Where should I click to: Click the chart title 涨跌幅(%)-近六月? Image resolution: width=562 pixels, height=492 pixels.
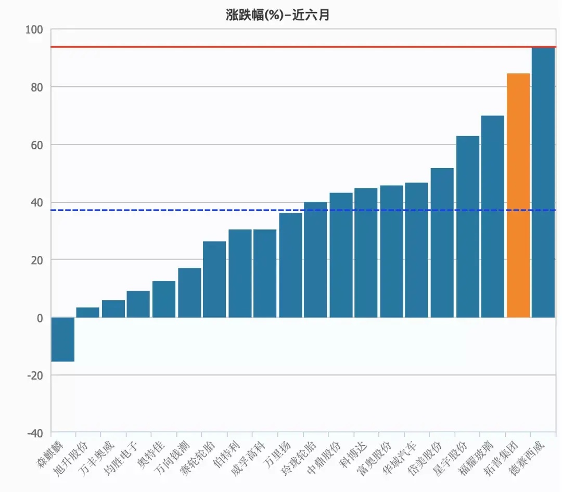tap(278, 15)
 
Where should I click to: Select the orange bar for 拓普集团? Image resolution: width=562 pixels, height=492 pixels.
tap(518, 195)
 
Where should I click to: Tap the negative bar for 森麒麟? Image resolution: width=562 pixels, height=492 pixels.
tap(62, 339)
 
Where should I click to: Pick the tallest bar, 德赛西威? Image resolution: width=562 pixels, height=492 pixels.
tap(543, 182)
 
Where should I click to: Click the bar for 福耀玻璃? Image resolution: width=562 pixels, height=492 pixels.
tap(492, 216)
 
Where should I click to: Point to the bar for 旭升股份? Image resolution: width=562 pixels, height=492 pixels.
tap(87, 312)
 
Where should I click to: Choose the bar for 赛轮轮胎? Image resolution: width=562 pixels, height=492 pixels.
tap(214, 279)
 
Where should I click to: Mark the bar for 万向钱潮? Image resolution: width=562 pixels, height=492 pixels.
tap(189, 292)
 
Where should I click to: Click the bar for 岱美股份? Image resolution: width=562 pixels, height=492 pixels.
tap(442, 242)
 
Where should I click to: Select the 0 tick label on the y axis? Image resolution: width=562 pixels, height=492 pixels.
tap(40, 317)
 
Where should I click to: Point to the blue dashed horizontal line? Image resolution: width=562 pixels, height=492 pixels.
tap(156, 210)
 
